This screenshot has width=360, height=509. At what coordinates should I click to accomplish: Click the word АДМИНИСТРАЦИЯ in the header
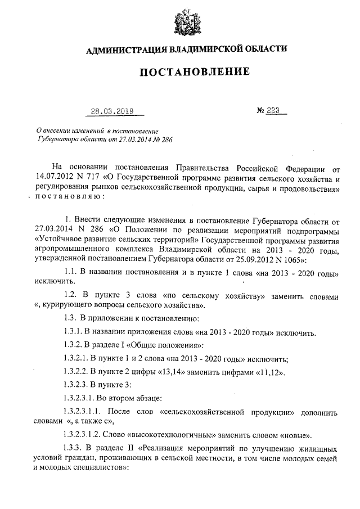point(123,50)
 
